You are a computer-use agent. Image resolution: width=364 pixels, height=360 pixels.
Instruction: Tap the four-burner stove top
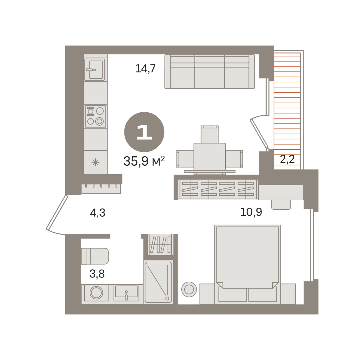point(95,116)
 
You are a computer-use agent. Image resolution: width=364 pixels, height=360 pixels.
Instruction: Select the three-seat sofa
point(210,71)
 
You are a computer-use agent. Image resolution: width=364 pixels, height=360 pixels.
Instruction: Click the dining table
point(210,158)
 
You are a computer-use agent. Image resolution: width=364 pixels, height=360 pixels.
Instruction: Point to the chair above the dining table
point(210,134)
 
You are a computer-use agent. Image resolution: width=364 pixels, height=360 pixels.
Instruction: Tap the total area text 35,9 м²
point(144,161)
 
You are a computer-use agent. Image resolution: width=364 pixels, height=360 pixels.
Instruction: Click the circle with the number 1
point(144,132)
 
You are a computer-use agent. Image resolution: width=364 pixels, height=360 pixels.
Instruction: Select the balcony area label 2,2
point(287,159)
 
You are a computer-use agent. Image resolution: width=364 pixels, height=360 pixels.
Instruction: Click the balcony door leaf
point(259,134)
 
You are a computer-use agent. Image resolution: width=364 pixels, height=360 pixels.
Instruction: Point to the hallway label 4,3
point(97,213)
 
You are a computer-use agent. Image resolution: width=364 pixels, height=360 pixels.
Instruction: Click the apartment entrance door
point(57,212)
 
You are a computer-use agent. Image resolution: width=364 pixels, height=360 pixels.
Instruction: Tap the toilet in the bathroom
point(95,256)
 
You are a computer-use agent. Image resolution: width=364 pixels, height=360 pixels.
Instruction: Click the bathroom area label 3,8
point(97,273)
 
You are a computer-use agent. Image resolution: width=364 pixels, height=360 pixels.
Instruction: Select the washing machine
point(96,293)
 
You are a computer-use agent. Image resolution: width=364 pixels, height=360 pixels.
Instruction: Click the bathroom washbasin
point(126,293)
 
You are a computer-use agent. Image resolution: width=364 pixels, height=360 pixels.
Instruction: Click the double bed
point(248,264)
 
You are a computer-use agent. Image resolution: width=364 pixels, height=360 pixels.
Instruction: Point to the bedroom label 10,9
point(251,212)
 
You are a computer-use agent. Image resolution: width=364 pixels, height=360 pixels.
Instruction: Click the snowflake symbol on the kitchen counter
point(95,162)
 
